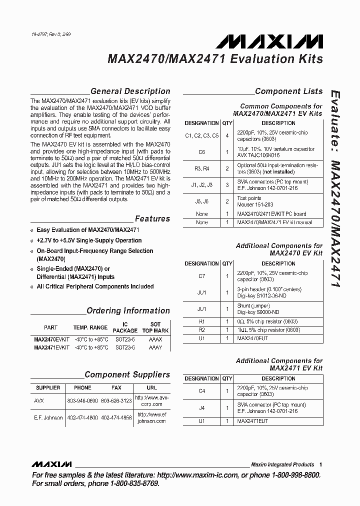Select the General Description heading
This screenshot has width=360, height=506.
(x=130, y=91)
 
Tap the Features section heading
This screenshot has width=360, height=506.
(x=152, y=218)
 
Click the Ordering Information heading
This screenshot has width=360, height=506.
(x=128, y=310)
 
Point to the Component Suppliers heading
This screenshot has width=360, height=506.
(x=127, y=374)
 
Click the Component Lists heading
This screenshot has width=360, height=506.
(x=288, y=91)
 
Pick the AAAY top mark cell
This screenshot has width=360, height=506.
(x=155, y=347)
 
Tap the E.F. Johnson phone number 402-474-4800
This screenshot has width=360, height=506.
(x=82, y=417)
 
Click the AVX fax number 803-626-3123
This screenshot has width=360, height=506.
(x=116, y=401)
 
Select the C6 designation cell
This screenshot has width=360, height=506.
(x=202, y=152)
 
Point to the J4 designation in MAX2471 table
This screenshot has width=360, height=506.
(x=202, y=407)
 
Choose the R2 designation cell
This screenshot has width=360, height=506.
(x=202, y=330)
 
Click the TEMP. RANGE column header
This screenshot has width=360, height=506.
(x=90, y=327)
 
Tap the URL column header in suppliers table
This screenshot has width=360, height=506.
(x=152, y=387)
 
